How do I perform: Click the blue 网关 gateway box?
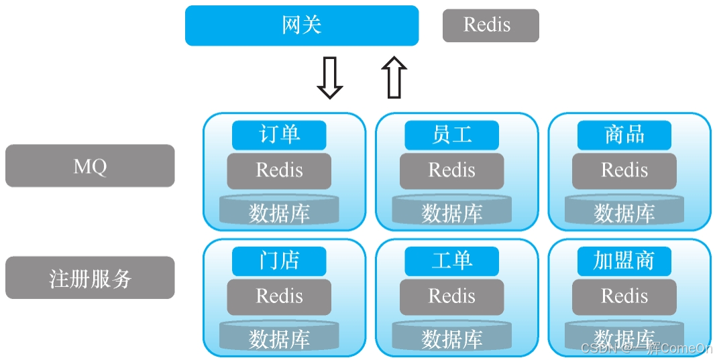coord(302,25)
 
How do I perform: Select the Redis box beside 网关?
coord(490,25)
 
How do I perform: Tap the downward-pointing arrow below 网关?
coord(329,78)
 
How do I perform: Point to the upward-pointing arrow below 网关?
coord(394,78)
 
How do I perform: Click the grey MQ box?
coord(90,166)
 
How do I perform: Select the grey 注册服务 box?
coord(90,278)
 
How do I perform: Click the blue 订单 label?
coord(279,135)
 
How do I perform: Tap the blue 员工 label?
coord(451,135)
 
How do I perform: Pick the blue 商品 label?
coord(624,135)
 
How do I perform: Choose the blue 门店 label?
coord(279,261)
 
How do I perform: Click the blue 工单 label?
coord(451,261)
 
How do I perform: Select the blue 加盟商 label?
coord(624,261)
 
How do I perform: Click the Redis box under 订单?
coord(279,170)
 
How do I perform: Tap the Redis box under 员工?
coord(451,170)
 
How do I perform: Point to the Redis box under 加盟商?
coord(624,296)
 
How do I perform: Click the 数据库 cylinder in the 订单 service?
coord(279,211)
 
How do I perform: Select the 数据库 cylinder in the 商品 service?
coord(624,211)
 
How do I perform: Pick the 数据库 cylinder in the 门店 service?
coord(279,337)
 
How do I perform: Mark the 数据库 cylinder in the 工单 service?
coord(451,337)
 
